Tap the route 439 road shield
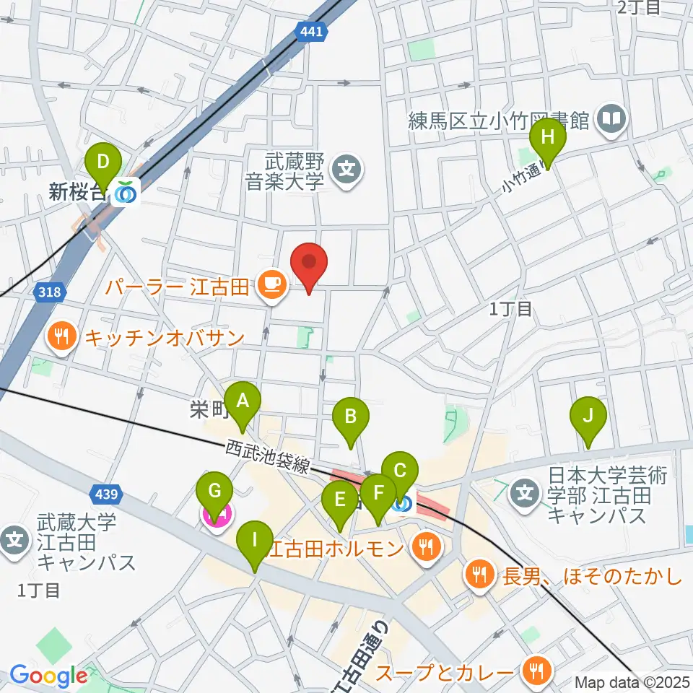point(107,494)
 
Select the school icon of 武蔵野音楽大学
point(346,171)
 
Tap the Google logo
point(48,676)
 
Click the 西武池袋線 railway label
point(268,458)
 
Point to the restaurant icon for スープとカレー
point(536,671)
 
